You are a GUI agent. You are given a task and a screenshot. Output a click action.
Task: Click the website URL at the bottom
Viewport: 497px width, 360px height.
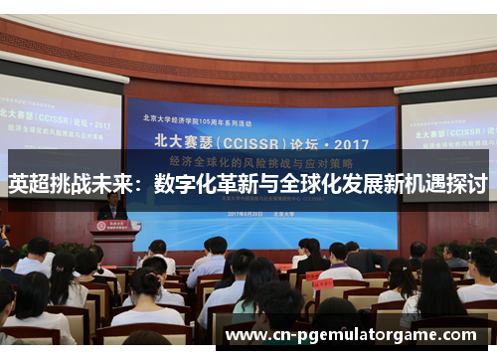pos(358,335)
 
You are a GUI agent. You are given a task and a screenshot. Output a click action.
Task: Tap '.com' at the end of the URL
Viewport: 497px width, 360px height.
pos(470,335)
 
